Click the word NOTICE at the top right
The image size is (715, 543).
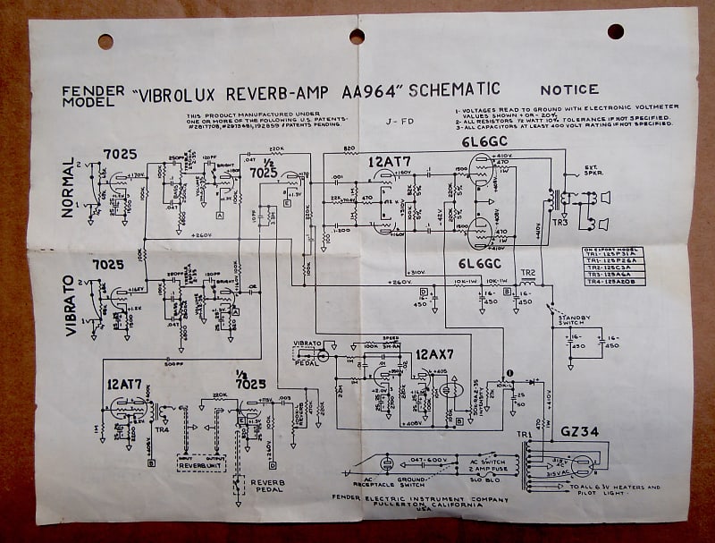pos(568,89)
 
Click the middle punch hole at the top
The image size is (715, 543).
pos(357,36)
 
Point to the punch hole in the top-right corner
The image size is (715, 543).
pos(615,31)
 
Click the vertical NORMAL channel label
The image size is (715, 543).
pos(69,188)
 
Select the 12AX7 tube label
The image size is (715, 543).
pos(433,354)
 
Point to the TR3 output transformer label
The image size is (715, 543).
pos(559,221)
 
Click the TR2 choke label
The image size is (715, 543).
pos(528,272)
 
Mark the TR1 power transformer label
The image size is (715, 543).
pos(525,436)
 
